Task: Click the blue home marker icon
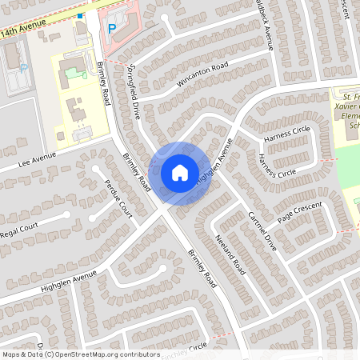tap(180, 173)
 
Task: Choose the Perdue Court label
tap(118, 199)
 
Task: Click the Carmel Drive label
tap(262, 230)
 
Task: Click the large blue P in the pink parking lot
tap(112, 28)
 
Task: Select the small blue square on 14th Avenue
tap(80, 15)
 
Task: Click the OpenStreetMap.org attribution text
tap(104, 354)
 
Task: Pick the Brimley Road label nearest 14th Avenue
tap(103, 83)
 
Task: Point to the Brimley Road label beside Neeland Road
tap(202, 268)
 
